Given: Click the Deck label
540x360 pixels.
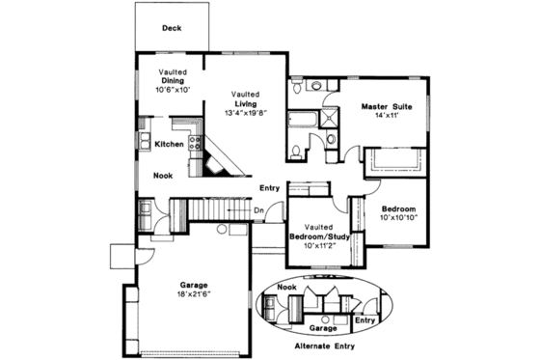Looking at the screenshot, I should click(173, 29).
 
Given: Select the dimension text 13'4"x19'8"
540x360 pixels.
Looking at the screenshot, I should click(244, 111).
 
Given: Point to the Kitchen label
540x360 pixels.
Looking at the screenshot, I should click(169, 145).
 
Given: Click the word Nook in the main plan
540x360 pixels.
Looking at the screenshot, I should click(163, 176).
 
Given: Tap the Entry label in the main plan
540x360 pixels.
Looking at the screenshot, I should click(269, 187).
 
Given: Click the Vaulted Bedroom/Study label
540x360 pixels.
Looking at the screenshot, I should click(318, 231).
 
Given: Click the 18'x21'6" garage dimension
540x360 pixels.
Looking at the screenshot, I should click(195, 293).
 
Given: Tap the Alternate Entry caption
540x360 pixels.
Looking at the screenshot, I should click(323, 345).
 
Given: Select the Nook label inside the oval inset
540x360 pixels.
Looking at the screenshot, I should click(285, 287).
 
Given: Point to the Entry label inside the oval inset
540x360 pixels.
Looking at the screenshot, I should click(365, 319).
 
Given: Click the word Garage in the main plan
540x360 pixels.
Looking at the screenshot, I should click(195, 284).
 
